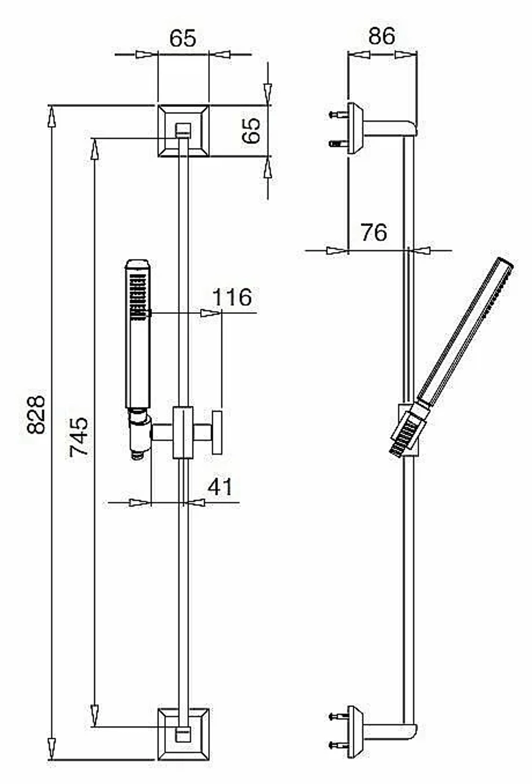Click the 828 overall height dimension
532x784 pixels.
[36, 414]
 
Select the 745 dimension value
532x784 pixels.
[78, 437]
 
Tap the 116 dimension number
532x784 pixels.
[232, 297]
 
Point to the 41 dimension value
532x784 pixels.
[220, 487]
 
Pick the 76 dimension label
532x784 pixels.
[374, 232]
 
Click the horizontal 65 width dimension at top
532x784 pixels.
[182, 38]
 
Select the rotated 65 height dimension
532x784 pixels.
[251, 130]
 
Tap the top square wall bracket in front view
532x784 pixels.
[184, 131]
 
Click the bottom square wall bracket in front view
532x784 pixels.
[184, 734]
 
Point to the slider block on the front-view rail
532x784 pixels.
[183, 432]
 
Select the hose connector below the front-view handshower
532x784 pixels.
[139, 434]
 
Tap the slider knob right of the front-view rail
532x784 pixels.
[218, 432]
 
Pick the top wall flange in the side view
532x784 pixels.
[356, 128]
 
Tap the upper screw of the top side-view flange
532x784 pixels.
[338, 114]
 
